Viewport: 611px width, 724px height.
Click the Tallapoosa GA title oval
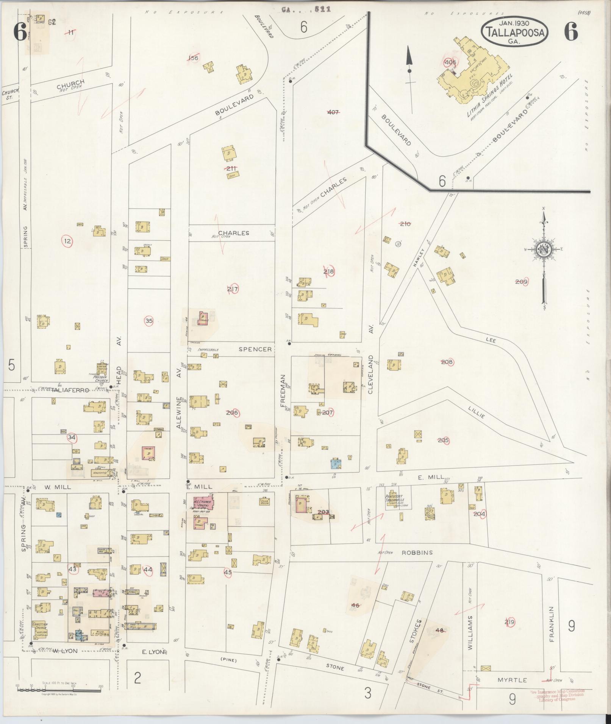click(514, 32)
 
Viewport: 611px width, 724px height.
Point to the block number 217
click(233, 289)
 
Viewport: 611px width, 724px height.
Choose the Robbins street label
click(417, 553)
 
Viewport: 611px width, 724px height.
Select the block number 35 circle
click(149, 321)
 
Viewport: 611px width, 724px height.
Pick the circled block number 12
click(67, 241)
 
